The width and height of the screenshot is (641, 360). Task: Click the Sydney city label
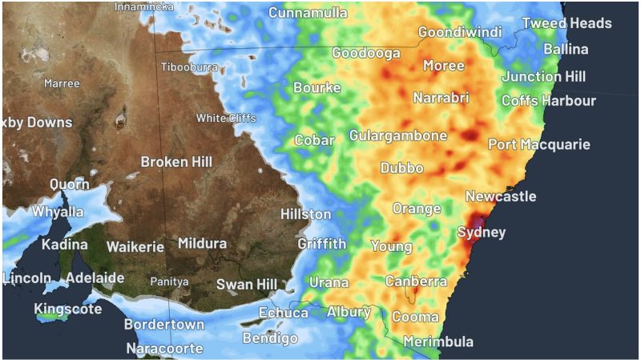click(x=482, y=233)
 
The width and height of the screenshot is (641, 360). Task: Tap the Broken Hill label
click(x=176, y=162)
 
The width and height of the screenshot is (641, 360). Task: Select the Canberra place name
click(x=416, y=281)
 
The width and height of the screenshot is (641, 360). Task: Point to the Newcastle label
click(x=501, y=196)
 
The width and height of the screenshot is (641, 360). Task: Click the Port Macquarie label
click(x=539, y=145)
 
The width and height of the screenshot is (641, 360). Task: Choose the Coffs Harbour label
click(x=549, y=101)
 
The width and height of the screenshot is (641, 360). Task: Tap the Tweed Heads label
click(x=566, y=23)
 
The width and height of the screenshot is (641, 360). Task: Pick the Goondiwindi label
click(x=460, y=33)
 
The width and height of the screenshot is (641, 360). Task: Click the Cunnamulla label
click(x=308, y=13)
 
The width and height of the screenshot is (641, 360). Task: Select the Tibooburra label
click(x=189, y=67)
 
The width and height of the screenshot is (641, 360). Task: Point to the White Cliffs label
click(x=227, y=119)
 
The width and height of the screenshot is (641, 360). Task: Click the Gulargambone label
click(x=397, y=136)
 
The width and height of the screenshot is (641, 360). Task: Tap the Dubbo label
click(x=401, y=168)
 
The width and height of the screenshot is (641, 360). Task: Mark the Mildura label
click(x=202, y=243)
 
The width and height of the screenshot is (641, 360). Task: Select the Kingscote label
click(x=68, y=309)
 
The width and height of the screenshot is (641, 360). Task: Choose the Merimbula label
click(x=437, y=342)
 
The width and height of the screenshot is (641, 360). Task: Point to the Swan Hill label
click(x=247, y=285)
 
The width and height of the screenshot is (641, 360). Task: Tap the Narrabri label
click(x=441, y=98)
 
